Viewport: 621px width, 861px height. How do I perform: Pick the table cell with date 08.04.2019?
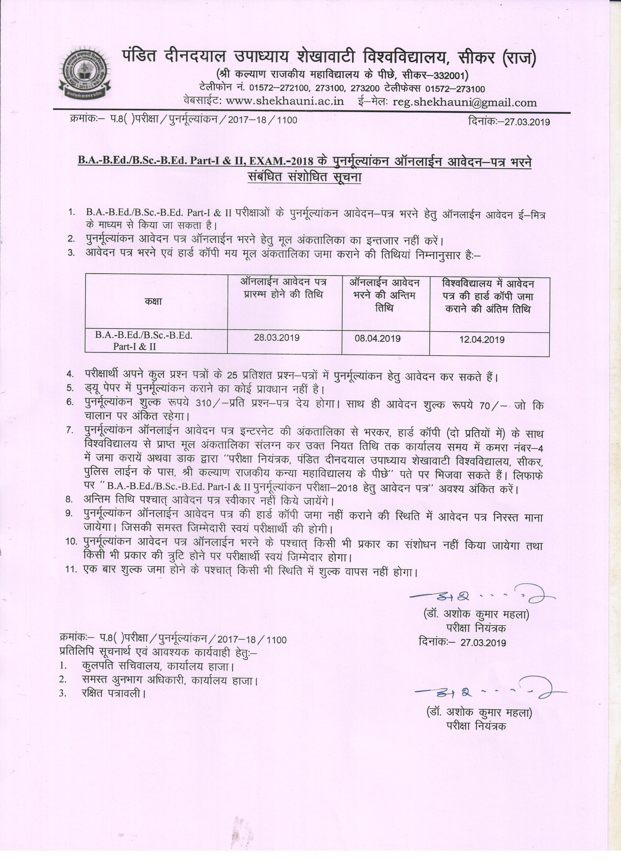click(x=378, y=339)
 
